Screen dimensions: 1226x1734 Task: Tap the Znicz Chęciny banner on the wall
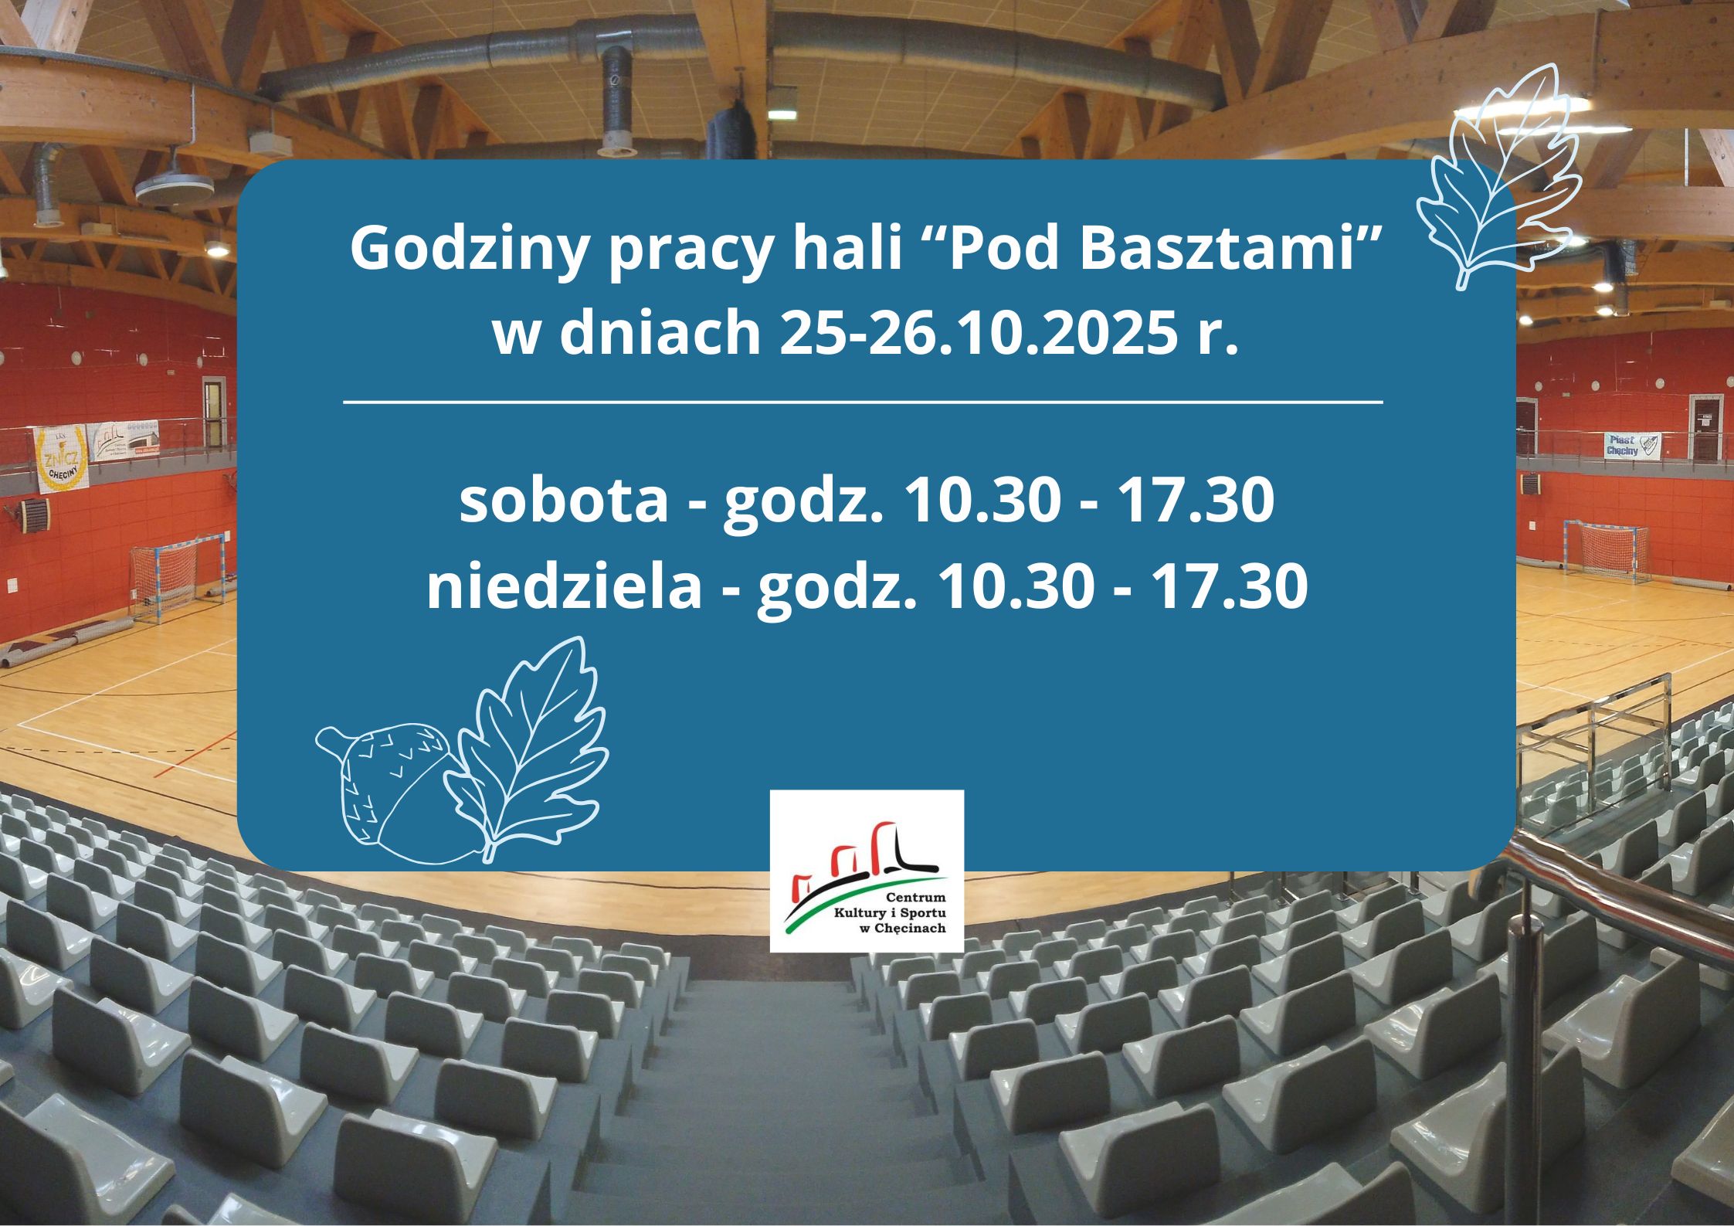(63, 463)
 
